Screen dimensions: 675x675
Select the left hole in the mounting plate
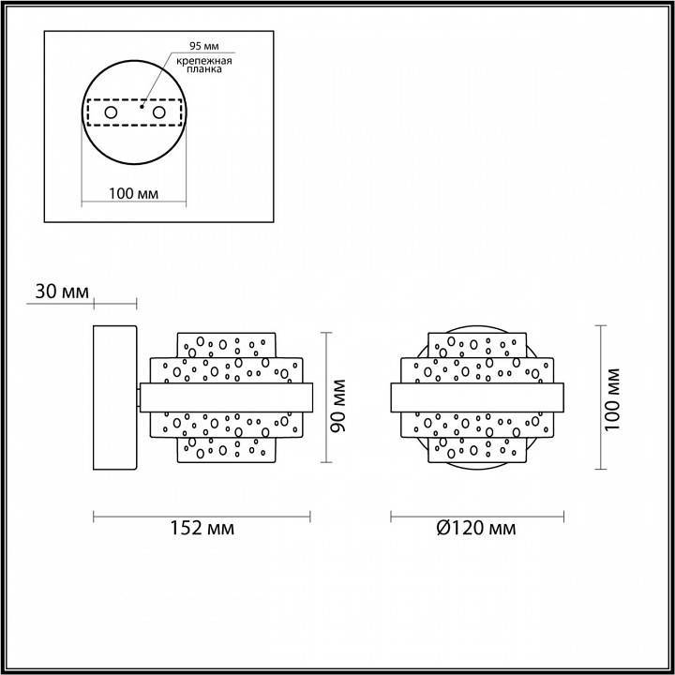pyautogui.click(x=111, y=113)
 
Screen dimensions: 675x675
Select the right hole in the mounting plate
pyautogui.click(x=158, y=113)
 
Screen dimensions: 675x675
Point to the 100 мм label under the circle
pyautogui.click(x=133, y=193)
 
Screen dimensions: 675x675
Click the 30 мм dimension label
pyautogui.click(x=62, y=292)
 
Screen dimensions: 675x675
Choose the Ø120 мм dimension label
pyautogui.click(x=476, y=529)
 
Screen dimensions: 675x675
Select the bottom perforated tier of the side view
pyautogui.click(x=226, y=451)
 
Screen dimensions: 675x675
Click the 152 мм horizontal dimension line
pyautogui.click(x=202, y=514)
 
